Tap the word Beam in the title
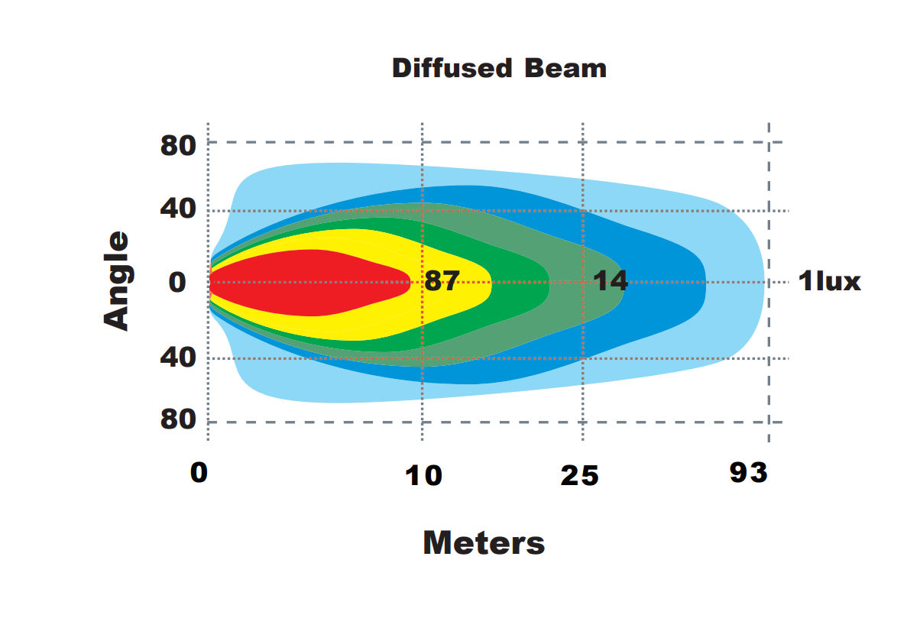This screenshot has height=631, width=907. pyautogui.click(x=565, y=68)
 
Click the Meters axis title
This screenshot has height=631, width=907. pyautogui.click(x=484, y=543)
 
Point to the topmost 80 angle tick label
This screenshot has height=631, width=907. pyautogui.click(x=178, y=144)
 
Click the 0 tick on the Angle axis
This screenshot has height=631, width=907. pyautogui.click(x=177, y=283)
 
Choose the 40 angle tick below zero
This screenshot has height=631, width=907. pyautogui.click(x=178, y=358)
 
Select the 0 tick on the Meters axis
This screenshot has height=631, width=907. pyautogui.click(x=199, y=473)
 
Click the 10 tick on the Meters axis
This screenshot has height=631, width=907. pyautogui.click(x=423, y=476)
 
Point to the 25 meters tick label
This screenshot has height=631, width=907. pyautogui.click(x=579, y=476)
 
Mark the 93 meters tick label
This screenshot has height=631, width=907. pyautogui.click(x=748, y=473)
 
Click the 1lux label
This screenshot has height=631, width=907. pyautogui.click(x=829, y=282)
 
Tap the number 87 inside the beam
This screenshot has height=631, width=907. pyautogui.click(x=442, y=281)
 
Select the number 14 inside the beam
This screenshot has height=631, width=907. pyautogui.click(x=611, y=281)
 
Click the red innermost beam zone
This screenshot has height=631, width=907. pyautogui.click(x=306, y=283)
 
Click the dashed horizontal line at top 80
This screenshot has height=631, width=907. pyautogui.click(x=489, y=142)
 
